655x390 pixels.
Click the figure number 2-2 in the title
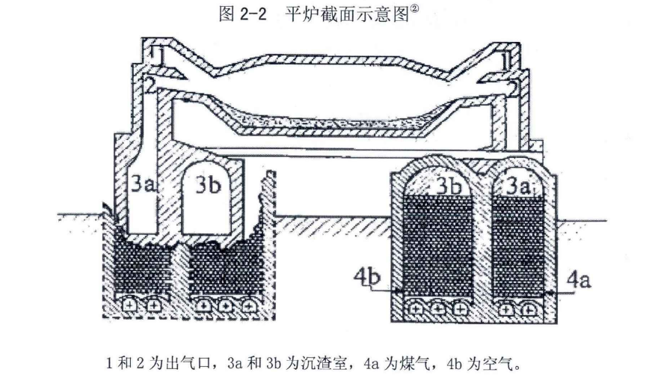click(253, 15)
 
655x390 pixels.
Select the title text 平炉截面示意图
click(347, 15)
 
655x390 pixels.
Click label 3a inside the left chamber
click(143, 184)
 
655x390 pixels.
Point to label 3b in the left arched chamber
click(208, 184)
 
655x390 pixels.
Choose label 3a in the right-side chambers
click(518, 186)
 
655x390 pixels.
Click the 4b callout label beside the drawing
click(367, 278)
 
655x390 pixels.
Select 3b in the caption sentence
click(273, 364)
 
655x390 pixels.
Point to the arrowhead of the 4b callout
click(399, 291)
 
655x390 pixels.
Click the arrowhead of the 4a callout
click(549, 293)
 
